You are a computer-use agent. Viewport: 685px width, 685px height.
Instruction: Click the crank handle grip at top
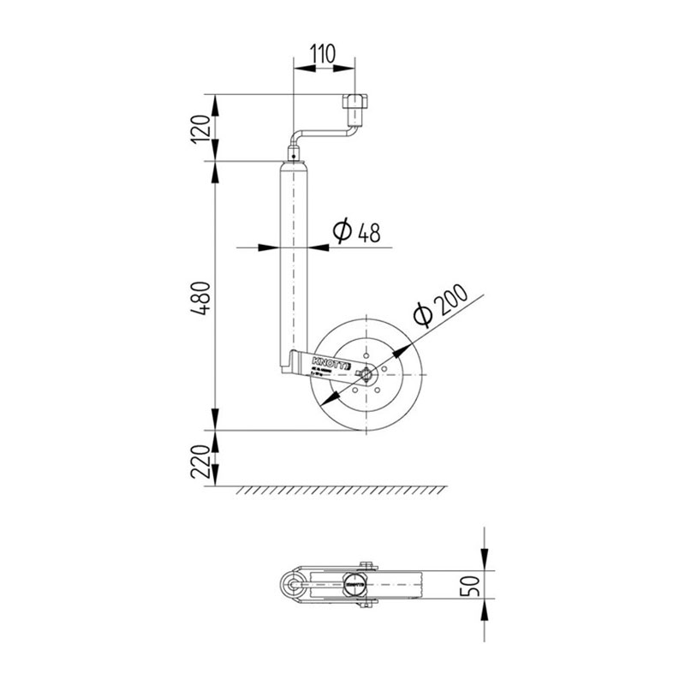click(x=355, y=109)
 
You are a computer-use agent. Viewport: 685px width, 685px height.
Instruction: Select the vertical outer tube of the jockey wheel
click(x=293, y=257)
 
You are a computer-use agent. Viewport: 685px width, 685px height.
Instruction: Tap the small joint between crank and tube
click(x=293, y=157)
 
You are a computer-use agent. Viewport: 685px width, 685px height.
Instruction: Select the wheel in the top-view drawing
click(x=402, y=585)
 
